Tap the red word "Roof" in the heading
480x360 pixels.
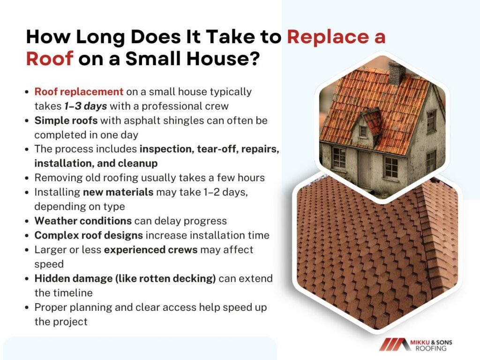pyautogui.click(x=50, y=58)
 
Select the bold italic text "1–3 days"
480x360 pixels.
pyautogui.click(x=85, y=106)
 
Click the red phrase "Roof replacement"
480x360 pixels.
pyautogui.click(x=79, y=91)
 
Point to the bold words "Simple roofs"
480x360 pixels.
pyautogui.click(x=66, y=120)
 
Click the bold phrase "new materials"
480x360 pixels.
pyautogui.click(x=118, y=192)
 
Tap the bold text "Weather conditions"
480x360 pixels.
pyautogui.click(x=83, y=221)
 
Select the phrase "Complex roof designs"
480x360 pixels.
pyautogui.click(x=89, y=235)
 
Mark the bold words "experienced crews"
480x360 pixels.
pyautogui.click(x=150, y=250)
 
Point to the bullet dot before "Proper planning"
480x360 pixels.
pyautogui.click(x=27, y=307)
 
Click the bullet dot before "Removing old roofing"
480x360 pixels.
pyautogui.click(x=27, y=178)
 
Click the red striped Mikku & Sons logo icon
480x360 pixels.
pyautogui.click(x=394, y=345)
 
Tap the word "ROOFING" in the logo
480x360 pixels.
pyautogui.click(x=431, y=349)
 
